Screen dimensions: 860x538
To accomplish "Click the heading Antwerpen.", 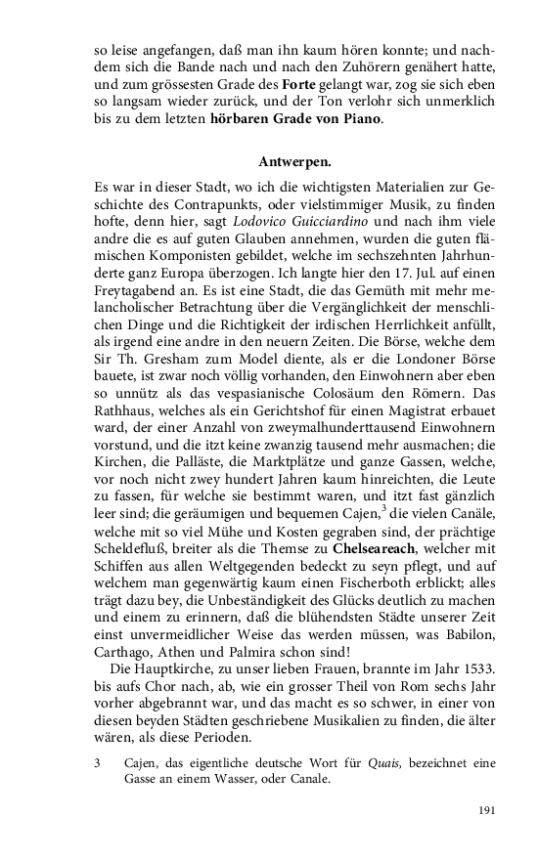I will click(294, 159).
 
